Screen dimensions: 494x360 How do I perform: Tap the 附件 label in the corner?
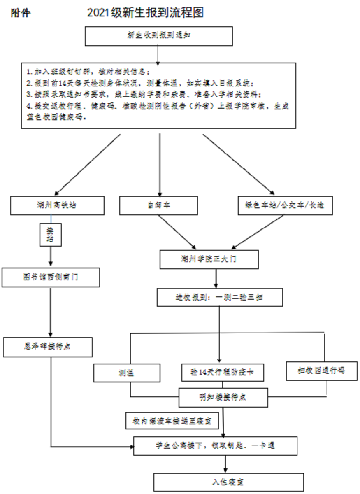pyautogui.click(x=20, y=13)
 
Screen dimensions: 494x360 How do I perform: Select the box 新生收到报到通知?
pyautogui.click(x=159, y=36)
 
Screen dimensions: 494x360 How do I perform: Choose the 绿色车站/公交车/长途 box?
pyautogui.click(x=285, y=205)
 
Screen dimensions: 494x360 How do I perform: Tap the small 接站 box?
pyautogui.click(x=50, y=235)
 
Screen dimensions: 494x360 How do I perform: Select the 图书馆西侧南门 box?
pyautogui.click(x=51, y=277)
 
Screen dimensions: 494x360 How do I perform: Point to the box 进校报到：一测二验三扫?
pyautogui.click(x=220, y=297)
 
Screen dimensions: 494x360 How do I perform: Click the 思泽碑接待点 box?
pyautogui.click(x=48, y=346)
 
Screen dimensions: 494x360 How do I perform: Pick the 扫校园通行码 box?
pyautogui.click(x=315, y=370)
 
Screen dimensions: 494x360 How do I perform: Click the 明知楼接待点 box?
pyautogui.click(x=223, y=397)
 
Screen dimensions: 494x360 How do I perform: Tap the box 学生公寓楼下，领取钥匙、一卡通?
pyautogui.click(x=215, y=445)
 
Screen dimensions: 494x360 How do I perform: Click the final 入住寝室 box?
pyautogui.click(x=229, y=481)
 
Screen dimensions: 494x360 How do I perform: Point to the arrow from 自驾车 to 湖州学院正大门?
pyautogui.click(x=177, y=232)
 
